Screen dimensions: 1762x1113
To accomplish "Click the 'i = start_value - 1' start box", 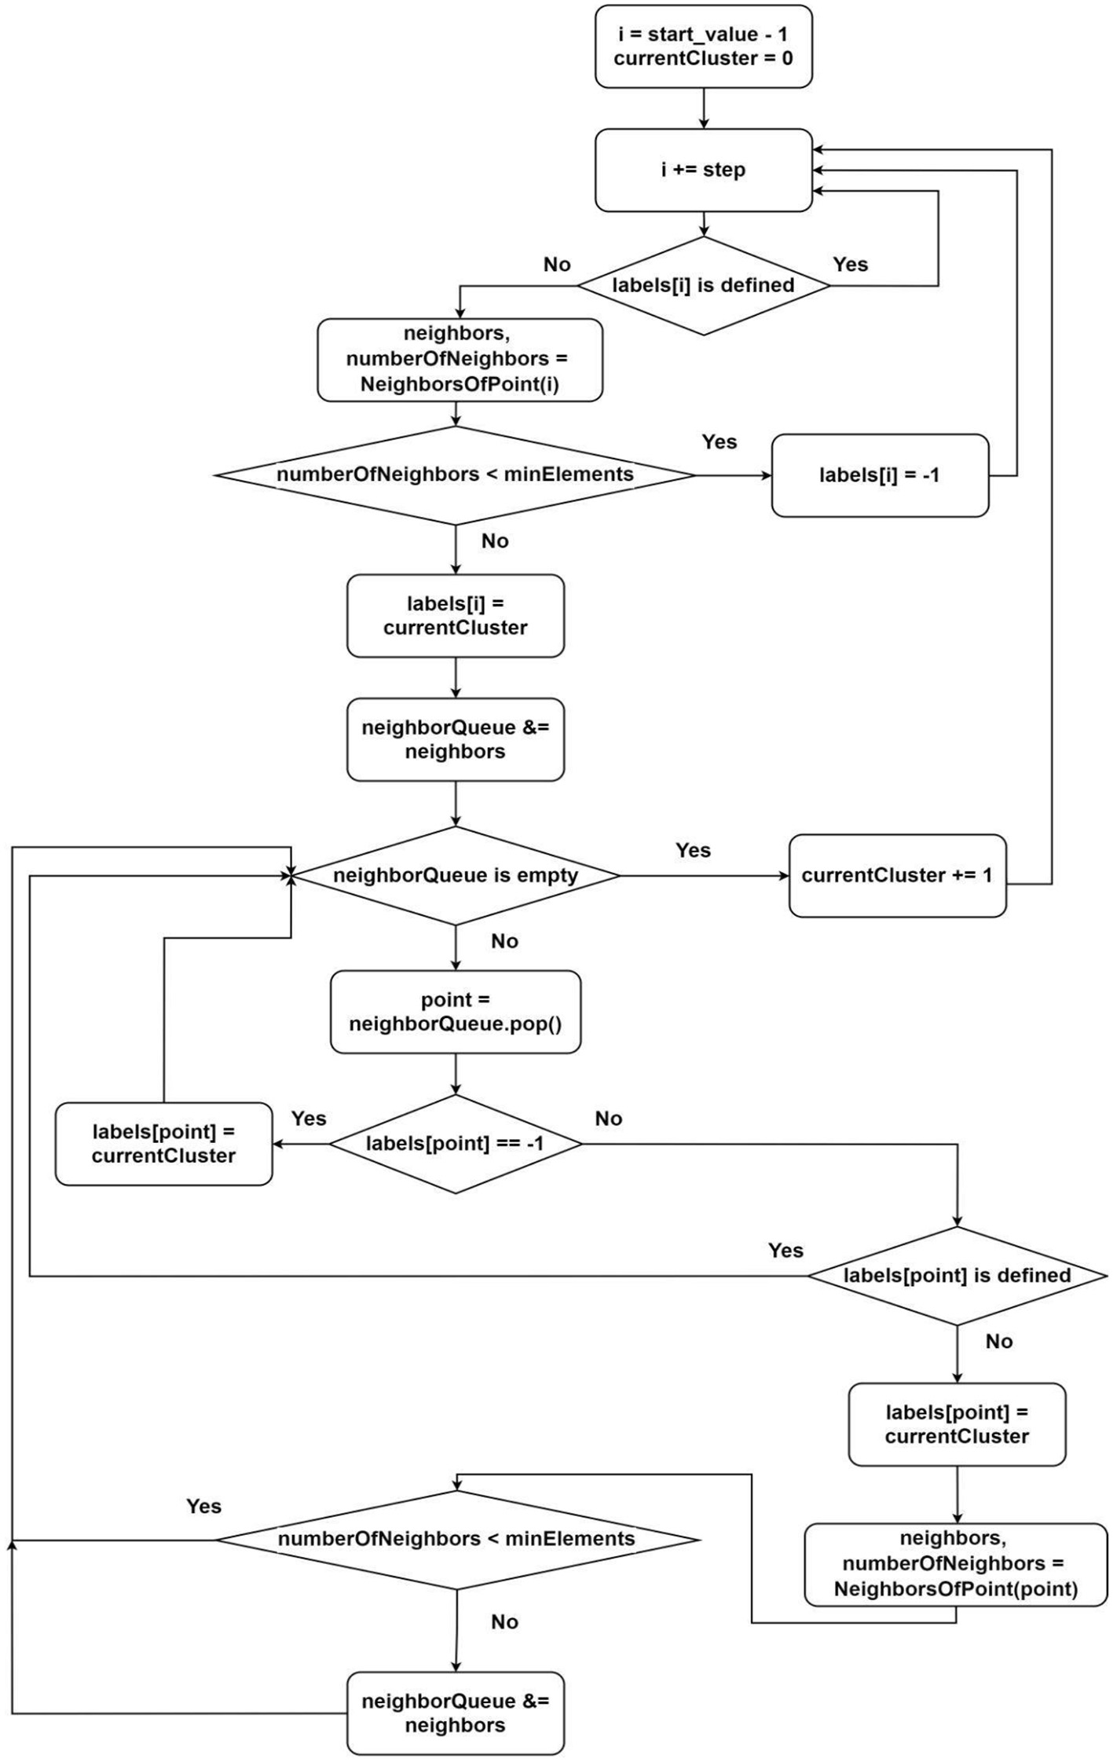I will click(703, 46).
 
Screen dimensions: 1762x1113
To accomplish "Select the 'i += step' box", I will click(703, 170).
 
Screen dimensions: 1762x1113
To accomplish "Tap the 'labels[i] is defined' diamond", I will click(703, 285).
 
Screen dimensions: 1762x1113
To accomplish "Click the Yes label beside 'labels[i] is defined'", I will click(850, 264).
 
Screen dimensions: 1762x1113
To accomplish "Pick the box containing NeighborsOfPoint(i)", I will click(459, 360).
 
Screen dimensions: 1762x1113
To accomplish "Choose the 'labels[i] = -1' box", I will click(879, 475).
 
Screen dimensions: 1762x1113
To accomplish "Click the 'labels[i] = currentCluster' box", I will click(456, 615).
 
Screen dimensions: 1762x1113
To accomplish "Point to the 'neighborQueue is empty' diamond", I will click(456, 875).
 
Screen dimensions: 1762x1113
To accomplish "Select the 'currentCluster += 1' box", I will click(897, 875).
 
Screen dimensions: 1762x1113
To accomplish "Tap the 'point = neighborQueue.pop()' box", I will click(456, 1012).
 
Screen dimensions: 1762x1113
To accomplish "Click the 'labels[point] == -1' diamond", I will click(456, 1144).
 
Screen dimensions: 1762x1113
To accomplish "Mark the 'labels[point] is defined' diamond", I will click(957, 1275).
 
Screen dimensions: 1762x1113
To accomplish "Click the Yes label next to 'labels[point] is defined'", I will click(785, 1251).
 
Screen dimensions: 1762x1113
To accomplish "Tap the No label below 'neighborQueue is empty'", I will click(504, 941).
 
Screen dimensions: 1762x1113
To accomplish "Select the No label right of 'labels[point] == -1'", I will click(608, 1119).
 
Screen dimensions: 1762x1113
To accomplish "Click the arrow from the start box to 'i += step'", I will click(703, 108).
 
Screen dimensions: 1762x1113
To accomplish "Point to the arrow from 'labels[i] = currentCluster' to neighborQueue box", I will click(456, 677).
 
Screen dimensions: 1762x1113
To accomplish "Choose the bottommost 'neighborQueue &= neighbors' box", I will click(456, 1713).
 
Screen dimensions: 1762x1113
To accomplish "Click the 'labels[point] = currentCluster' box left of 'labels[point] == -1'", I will click(163, 1144).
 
